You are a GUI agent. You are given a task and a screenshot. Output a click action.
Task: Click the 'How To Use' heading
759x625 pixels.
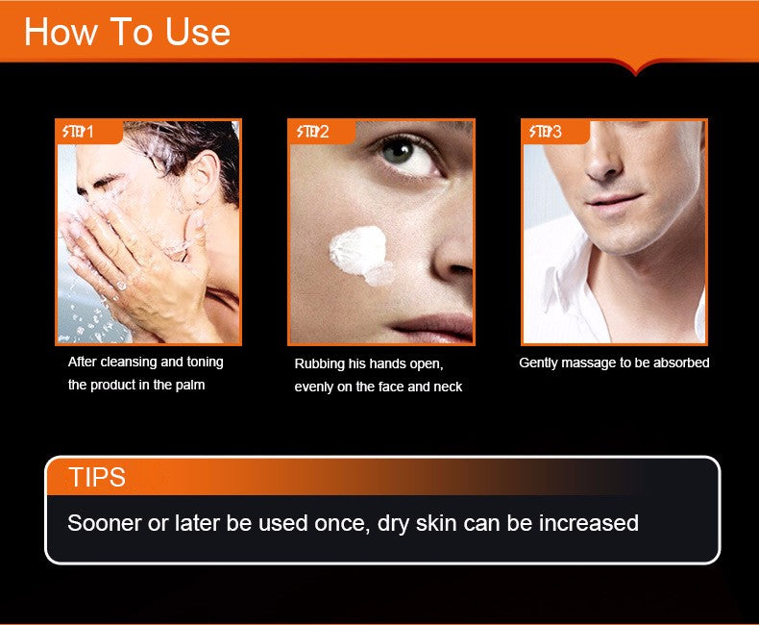click(127, 32)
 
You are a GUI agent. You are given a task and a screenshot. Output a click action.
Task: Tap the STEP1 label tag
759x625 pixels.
click(89, 132)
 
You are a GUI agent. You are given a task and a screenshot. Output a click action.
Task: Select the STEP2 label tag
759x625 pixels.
click(322, 132)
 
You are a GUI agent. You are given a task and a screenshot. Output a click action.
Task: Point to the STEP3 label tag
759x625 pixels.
click(555, 132)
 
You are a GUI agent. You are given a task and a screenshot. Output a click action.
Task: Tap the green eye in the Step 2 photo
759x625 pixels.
click(397, 152)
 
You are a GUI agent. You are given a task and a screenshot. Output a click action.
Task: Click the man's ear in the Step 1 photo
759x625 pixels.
click(207, 177)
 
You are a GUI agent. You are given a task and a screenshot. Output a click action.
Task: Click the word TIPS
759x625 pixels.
click(97, 477)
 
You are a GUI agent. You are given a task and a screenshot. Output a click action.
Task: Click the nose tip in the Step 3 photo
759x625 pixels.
click(602, 168)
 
